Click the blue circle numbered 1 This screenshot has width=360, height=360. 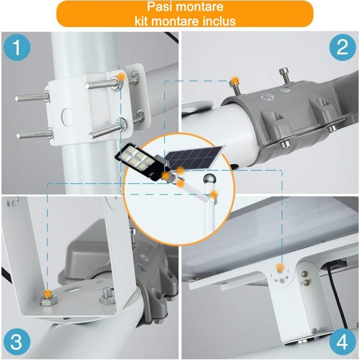(x=17, y=48)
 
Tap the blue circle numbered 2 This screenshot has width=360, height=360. (x=342, y=48)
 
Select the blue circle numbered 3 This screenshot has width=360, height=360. (x=17, y=342)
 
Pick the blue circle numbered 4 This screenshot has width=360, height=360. (x=342, y=342)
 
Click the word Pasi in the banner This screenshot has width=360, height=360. (x=158, y=6)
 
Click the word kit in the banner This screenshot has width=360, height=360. (x=141, y=21)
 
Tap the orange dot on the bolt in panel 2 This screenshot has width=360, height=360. (x=234, y=81)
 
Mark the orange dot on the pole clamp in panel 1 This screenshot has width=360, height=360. (x=121, y=76)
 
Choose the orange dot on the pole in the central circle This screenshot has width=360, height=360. (x=214, y=195)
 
